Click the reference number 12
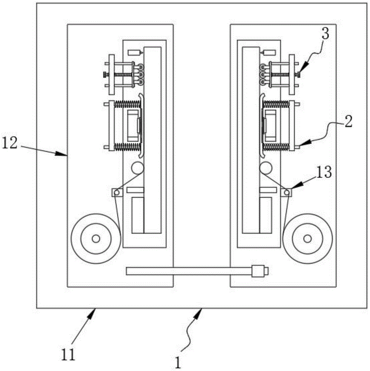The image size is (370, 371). click(10, 143)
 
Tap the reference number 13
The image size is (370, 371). click(324, 172)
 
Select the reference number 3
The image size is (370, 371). click(326, 34)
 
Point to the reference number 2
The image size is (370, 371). click(348, 122)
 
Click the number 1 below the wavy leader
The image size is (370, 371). click(178, 362)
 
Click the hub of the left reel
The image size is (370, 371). click(96, 239)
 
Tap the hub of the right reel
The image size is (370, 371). click(307, 239)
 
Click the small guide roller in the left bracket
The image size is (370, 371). click(116, 193)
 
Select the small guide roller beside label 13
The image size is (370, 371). click(287, 193)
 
